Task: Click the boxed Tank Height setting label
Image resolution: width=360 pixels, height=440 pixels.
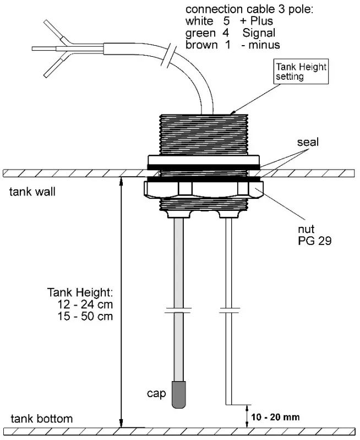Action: tap(301, 72)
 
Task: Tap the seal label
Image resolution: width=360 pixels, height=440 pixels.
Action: tap(308, 143)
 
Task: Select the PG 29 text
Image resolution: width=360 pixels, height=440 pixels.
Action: tap(313, 241)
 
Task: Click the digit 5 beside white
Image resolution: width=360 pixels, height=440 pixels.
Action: tap(226, 21)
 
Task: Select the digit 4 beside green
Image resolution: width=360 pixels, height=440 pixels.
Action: tap(226, 33)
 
